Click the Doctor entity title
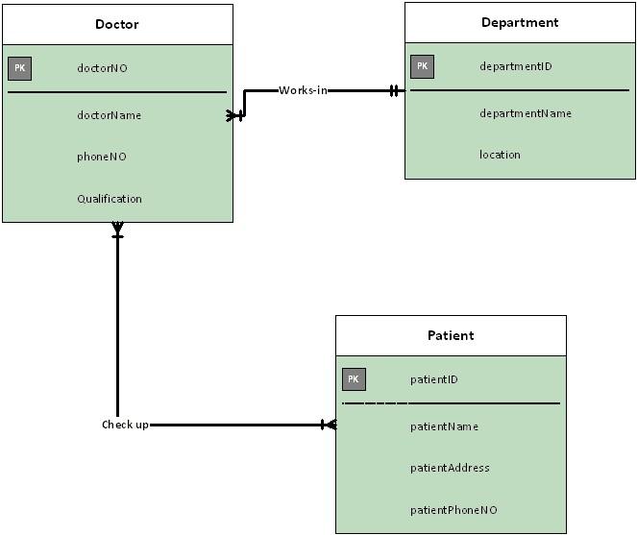117,24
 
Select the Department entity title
520,22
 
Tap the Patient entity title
451,335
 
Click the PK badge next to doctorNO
19,68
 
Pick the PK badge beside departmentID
422,66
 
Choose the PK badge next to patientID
354,379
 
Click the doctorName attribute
109,115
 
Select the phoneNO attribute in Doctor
101,157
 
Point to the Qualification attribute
109,199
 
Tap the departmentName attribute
526,113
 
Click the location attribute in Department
500,155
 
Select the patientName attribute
444,426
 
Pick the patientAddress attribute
450,468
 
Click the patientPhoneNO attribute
453,510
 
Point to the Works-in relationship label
303,90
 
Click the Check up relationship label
125,425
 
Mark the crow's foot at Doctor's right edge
235,115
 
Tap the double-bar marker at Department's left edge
394,91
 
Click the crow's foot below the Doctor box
117,230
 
